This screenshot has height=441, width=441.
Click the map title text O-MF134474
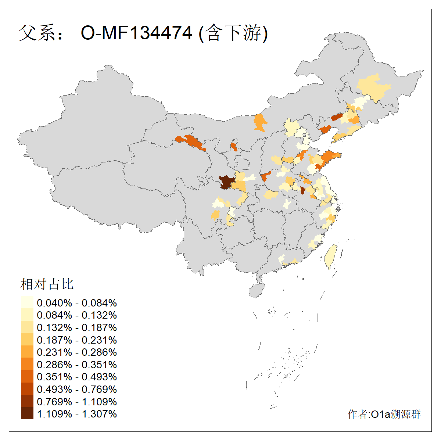point(136,33)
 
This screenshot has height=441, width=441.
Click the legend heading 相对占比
point(47,284)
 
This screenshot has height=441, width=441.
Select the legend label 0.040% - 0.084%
point(77,303)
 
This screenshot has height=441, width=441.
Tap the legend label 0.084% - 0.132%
point(77,315)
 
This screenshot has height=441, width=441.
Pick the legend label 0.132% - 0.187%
point(77,328)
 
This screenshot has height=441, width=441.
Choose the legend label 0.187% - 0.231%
point(77,340)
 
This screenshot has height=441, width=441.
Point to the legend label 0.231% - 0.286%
point(77,352)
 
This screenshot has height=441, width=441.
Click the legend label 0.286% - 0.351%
point(77,365)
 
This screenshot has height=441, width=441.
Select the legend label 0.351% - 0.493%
point(77,377)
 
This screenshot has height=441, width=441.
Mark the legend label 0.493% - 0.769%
point(77,390)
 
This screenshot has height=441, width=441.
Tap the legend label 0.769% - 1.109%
point(77,402)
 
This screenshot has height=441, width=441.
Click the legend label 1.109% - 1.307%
point(77,414)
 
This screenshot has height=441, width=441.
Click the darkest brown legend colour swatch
point(27,414)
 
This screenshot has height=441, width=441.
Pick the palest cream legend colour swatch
point(27,303)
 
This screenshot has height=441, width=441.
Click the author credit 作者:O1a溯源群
point(384,414)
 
